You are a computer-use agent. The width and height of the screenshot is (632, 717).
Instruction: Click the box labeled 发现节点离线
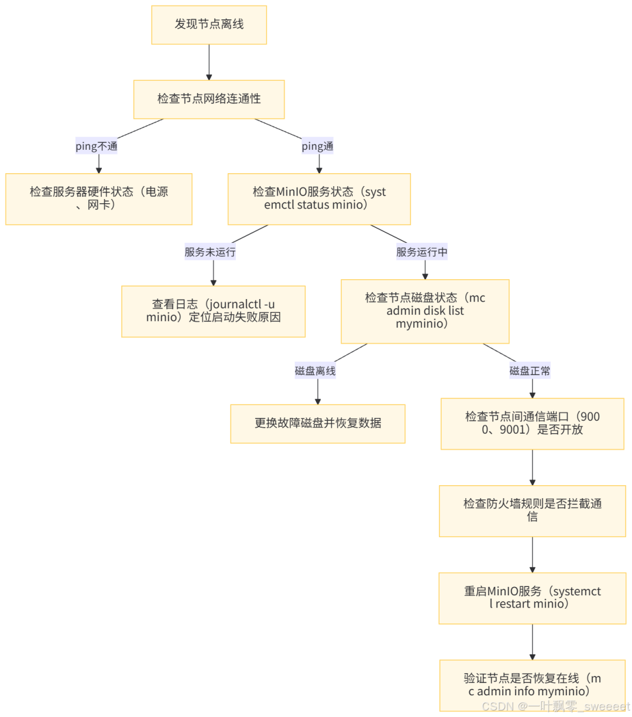tap(209, 25)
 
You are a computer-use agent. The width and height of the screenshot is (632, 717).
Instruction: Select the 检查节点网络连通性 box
tap(209, 99)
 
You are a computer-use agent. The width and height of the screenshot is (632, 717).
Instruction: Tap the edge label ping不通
tap(97, 146)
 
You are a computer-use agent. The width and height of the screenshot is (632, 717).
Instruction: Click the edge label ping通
tap(317, 146)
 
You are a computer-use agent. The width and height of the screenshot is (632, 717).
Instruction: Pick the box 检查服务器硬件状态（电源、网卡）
tap(99, 198)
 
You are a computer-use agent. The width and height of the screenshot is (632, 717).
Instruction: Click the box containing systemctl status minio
tap(319, 198)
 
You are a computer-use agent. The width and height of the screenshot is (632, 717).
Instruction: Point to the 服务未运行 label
tap(210, 252)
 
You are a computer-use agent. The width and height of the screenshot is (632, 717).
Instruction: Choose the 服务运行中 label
tap(422, 252)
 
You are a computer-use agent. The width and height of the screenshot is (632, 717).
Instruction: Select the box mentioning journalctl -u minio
tap(213, 311)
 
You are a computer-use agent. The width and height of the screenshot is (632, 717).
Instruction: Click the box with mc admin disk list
tap(425, 311)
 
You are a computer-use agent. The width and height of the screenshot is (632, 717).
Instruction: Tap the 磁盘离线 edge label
tap(315, 371)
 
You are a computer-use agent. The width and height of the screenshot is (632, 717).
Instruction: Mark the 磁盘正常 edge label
tap(530, 371)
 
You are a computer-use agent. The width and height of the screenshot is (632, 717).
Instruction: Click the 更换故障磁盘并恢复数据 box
tap(318, 423)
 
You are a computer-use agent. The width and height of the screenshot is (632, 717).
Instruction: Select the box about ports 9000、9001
tap(532, 423)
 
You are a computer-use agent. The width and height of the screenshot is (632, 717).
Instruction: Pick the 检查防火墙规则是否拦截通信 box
tap(532, 510)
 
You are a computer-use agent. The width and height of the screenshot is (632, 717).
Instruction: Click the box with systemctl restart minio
tap(532, 598)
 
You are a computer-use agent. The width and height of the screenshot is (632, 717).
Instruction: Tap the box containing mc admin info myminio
tap(532, 685)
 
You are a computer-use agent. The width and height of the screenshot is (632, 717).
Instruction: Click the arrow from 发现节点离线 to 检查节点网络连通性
tap(209, 62)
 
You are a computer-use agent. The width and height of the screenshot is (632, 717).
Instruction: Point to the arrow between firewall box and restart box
tap(533, 554)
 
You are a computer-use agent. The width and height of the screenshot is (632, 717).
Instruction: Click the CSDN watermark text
tap(555, 706)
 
